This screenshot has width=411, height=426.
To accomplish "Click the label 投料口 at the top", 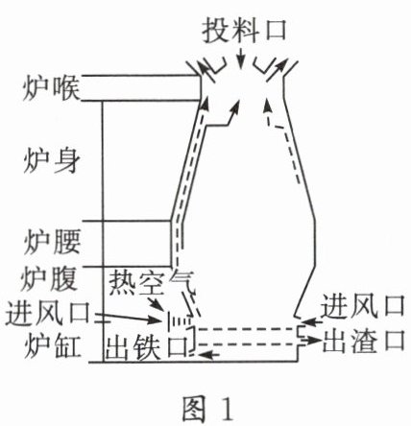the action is point(244,30).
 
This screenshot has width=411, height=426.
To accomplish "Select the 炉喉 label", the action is point(51,88).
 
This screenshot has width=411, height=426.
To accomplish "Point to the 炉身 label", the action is point(51,160).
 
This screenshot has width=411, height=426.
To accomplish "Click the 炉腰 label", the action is point(52,242).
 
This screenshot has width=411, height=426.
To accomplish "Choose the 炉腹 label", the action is point(49,279).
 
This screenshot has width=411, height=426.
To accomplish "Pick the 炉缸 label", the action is point(52,346).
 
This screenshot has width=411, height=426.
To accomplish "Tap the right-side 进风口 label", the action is point(363,306).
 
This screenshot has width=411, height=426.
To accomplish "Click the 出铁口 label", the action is point(147,347).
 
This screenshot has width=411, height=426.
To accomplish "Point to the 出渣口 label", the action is point(364,340).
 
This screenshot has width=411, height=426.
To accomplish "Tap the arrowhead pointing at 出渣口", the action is point(316,341).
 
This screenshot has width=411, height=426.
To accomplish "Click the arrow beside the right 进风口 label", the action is point(312,321).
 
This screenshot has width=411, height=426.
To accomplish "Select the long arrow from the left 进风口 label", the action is point(128,317).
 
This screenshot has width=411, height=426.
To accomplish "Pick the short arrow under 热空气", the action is point(156,302).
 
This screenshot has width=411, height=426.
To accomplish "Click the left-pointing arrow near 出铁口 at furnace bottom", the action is point(209,354).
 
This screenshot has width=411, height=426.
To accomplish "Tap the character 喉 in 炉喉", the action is point(65,88).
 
